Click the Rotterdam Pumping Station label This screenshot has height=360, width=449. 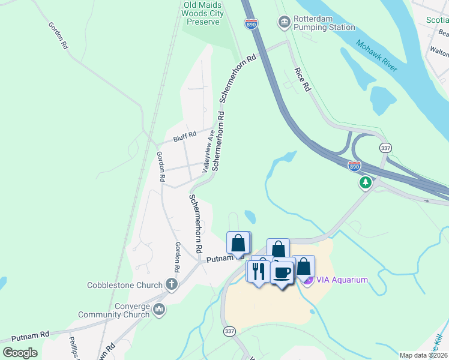[x=324, y=23]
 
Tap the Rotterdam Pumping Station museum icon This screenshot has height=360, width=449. [x=283, y=23]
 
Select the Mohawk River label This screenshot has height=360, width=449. [x=376, y=55]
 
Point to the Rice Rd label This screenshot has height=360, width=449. [x=303, y=79]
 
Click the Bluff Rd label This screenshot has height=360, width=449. [x=185, y=137]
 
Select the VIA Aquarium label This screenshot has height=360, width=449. [x=342, y=280]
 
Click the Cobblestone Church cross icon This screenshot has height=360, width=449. [x=172, y=284]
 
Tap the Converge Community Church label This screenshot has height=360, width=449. [x=113, y=310]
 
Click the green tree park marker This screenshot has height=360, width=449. [x=364, y=182]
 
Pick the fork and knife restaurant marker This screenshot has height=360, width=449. [x=259, y=271]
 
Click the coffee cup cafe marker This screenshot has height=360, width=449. [x=283, y=272]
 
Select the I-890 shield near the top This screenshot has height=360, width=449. [x=252, y=23]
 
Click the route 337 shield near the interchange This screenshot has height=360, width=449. [x=385, y=147]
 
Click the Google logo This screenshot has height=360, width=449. [x=20, y=353]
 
